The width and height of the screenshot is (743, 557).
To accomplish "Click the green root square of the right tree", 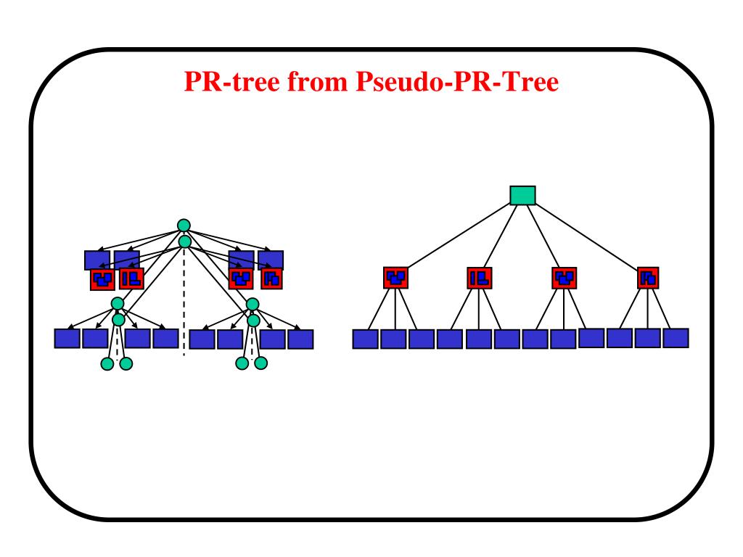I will [522, 196].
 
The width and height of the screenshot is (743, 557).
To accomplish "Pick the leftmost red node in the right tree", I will [395, 277].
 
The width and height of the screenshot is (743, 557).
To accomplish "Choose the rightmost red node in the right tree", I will [648, 277].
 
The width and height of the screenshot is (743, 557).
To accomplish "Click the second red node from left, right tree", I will [479, 277].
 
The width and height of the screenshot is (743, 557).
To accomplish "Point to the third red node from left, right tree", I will [564, 277].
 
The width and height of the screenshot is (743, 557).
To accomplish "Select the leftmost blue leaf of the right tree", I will [365, 339].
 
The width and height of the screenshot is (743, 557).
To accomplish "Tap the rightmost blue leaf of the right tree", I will [676, 338].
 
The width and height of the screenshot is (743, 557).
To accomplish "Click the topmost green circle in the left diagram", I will [184, 226].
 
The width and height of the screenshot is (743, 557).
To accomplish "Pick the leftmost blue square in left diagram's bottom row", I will [67, 339].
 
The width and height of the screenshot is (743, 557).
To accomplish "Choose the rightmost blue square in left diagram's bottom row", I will [300, 339].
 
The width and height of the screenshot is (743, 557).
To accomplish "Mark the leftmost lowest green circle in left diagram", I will [107, 363].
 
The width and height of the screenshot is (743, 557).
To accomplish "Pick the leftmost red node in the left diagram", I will [102, 278].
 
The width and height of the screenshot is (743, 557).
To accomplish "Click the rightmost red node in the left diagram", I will [271, 278].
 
